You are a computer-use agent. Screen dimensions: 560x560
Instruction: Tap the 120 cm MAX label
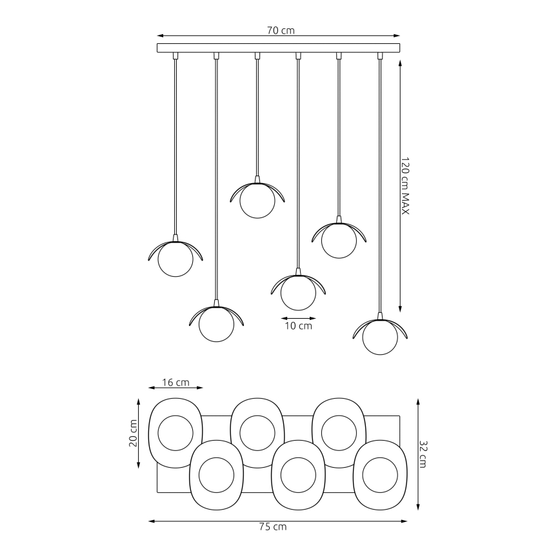point(405,186)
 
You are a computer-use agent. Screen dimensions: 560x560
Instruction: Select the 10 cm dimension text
point(299,326)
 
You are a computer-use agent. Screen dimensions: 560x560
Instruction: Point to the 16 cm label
point(175,382)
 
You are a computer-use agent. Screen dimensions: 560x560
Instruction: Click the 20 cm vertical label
point(133,433)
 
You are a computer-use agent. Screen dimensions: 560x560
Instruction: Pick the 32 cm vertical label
point(423,454)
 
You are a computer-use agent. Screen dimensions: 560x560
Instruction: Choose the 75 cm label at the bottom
point(277,527)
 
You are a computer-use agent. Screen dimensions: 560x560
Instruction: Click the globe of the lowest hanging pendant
point(379,337)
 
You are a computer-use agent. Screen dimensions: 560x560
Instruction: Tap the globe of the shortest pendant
point(257,201)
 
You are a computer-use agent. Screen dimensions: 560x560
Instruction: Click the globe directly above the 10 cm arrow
point(298,292)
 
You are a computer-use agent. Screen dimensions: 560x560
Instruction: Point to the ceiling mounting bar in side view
point(278,48)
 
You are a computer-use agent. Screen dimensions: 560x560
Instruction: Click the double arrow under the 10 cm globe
point(299,317)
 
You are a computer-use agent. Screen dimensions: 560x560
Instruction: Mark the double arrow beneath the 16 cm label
point(175,388)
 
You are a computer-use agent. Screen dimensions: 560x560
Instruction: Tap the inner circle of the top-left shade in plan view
point(175,432)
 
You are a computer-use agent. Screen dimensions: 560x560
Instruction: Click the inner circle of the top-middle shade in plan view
point(257,432)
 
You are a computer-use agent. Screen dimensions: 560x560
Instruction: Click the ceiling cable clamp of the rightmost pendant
point(379,56)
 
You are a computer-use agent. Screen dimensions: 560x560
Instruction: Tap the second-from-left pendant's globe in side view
point(216,325)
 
